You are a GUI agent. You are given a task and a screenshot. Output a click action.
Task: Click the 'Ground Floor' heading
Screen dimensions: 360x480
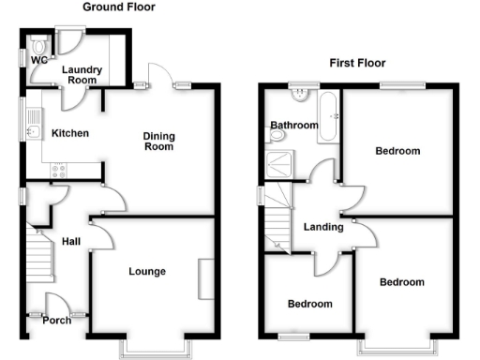(x=119, y=7)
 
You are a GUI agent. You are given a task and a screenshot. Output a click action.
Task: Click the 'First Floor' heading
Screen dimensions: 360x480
(x=357, y=64)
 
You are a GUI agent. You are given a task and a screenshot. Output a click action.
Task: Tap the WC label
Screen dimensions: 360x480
(x=38, y=61)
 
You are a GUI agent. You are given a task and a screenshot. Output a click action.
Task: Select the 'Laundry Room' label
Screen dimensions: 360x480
(x=81, y=75)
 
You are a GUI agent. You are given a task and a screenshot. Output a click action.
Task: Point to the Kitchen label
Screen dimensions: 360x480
(x=70, y=133)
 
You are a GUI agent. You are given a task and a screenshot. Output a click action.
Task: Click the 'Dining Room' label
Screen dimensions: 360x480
(x=158, y=142)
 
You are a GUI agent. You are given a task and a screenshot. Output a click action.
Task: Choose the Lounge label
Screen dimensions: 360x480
(x=147, y=272)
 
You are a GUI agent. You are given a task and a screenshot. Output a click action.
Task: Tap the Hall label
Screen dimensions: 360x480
(x=71, y=242)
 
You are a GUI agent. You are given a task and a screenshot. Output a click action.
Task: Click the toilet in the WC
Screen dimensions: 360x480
(x=37, y=45)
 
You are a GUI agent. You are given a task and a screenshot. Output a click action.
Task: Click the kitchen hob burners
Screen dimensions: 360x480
(x=58, y=171)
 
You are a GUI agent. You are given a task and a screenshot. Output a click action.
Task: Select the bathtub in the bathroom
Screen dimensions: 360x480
(x=328, y=117)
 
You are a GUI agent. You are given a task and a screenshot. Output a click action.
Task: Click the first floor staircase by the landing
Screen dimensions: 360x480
(x=278, y=216)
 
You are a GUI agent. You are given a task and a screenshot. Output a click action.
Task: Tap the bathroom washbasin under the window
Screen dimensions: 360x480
(x=300, y=95)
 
